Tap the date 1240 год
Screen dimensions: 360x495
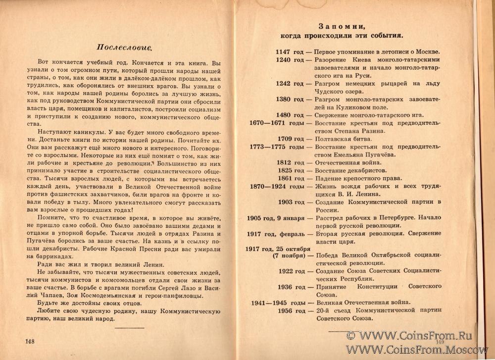tap(290, 60)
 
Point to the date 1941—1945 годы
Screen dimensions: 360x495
tap(275, 302)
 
